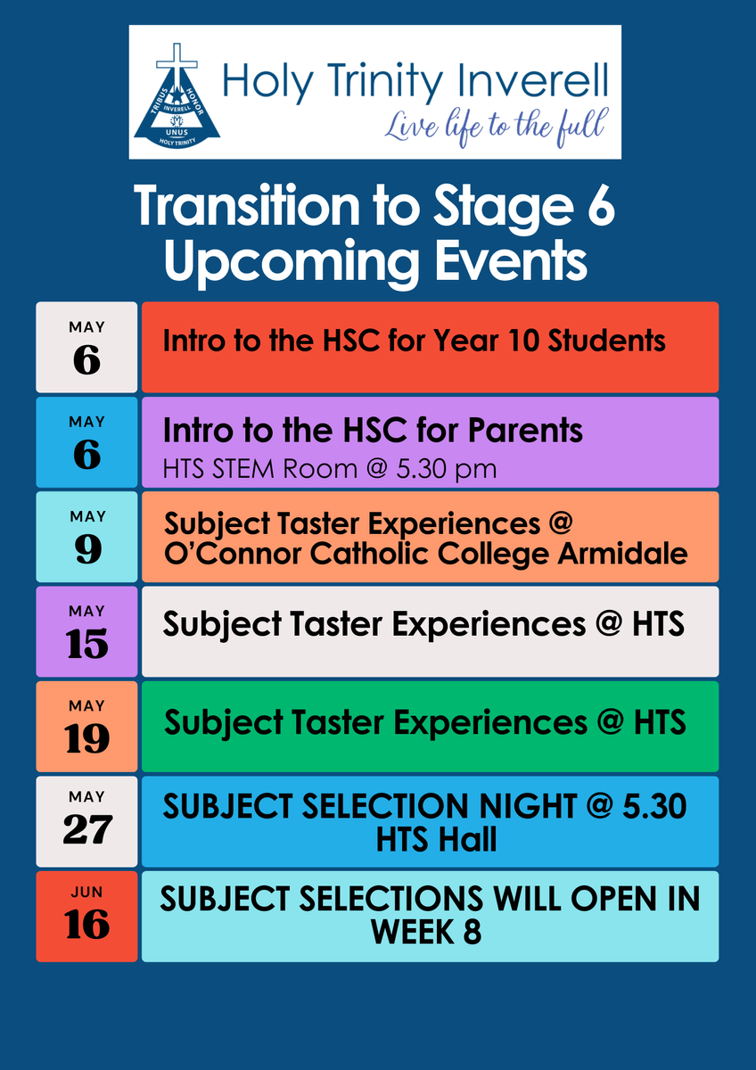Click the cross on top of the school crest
177,63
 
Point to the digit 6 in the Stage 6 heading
601,206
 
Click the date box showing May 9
86,537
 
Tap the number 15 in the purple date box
86,644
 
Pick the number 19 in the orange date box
86,738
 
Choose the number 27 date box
86,821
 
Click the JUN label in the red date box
86,893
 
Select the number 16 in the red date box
86,925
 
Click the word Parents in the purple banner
525,431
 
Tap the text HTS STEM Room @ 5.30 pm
330,469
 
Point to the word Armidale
623,554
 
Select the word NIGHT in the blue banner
528,806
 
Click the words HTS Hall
436,839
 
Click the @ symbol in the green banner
611,722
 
